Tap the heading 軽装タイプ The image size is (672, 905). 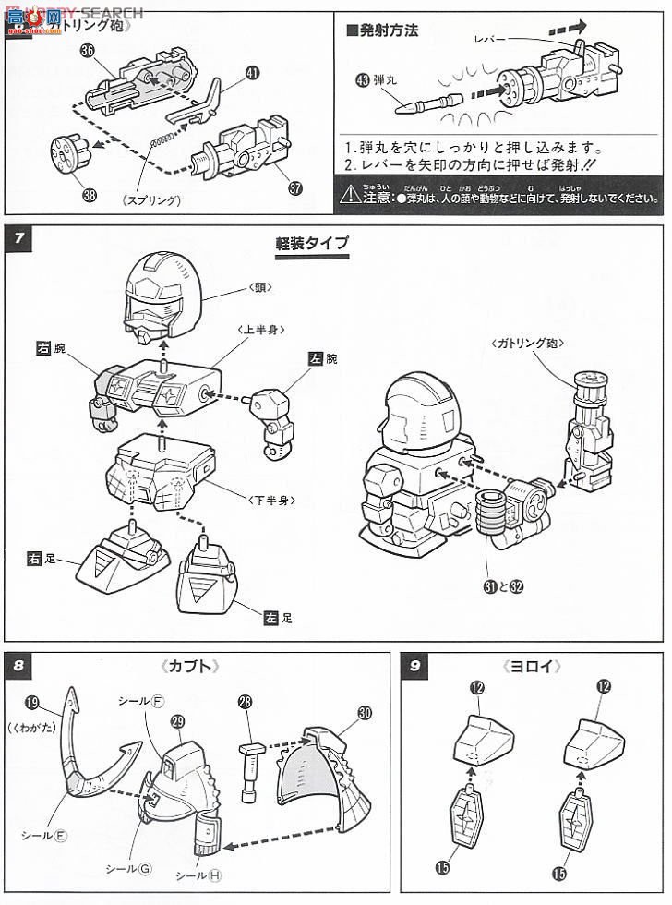click(311, 244)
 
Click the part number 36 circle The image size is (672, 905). click(87, 52)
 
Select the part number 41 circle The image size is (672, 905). click(252, 72)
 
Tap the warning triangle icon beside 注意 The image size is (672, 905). click(348, 195)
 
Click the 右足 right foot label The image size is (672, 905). click(42, 558)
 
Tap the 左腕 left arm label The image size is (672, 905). click(330, 360)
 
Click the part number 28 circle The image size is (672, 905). click(245, 704)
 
